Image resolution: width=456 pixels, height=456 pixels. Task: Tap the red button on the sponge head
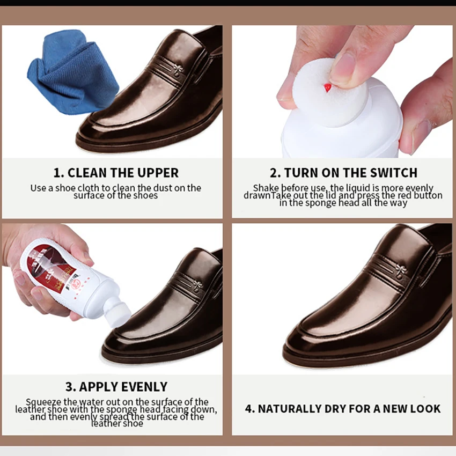(x=327, y=87)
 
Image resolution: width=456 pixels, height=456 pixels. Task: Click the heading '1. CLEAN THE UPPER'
(x=115, y=173)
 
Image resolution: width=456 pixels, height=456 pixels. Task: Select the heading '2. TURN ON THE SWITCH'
(x=343, y=173)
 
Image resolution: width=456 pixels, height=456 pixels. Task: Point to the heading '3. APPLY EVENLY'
(x=116, y=387)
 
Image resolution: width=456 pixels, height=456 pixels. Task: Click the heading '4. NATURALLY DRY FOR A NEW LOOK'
(x=343, y=409)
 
